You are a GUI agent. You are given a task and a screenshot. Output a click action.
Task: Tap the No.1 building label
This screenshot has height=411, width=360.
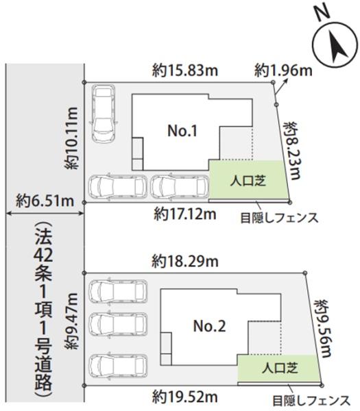[x=183, y=129]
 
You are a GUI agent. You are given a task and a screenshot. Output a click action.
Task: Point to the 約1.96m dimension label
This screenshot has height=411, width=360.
[x=283, y=70]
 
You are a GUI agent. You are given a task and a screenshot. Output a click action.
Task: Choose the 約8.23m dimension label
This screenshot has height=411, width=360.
[x=293, y=148]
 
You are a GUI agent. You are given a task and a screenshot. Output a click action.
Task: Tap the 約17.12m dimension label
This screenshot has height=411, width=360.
[x=185, y=214]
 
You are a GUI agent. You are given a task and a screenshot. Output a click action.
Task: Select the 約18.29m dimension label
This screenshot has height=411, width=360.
[x=185, y=261]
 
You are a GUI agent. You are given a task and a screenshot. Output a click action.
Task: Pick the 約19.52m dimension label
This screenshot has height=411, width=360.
[x=185, y=396]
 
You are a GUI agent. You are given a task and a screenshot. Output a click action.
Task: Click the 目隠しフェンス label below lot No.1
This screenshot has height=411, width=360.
[x=278, y=219]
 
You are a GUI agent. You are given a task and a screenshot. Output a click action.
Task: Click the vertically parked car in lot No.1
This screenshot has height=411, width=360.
[x=104, y=112]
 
